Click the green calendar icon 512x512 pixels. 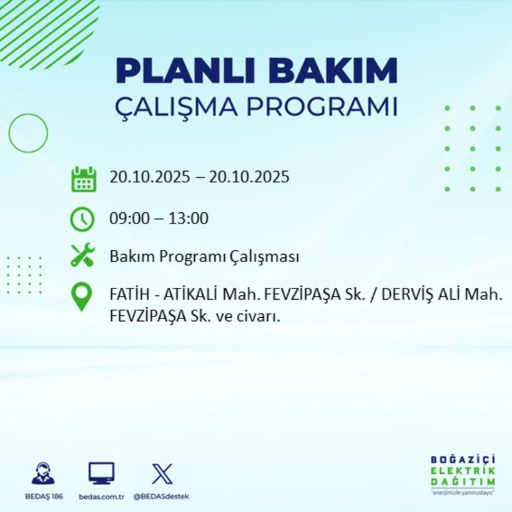pyautogui.click(x=83, y=179)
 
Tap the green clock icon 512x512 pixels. pyautogui.click(x=82, y=219)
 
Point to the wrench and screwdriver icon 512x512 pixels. pyautogui.click(x=82, y=256)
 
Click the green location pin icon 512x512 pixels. pyautogui.click(x=82, y=297)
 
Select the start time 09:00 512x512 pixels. pyautogui.click(x=127, y=219)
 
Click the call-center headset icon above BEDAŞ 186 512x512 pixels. pyautogui.click(x=43, y=475)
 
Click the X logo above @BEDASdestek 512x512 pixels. pyautogui.click(x=162, y=474)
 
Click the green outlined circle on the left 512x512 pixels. pyautogui.click(x=28, y=133)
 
